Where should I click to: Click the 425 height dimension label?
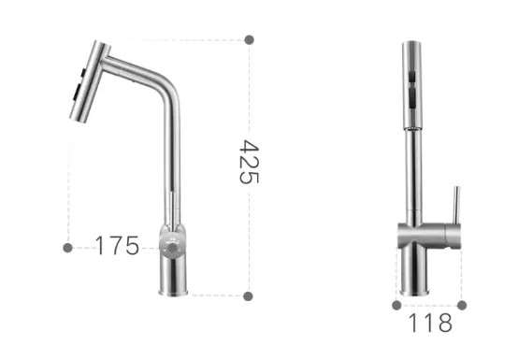[x=250, y=162]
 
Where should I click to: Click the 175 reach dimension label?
[x=117, y=245]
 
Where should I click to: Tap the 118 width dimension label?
[x=430, y=323]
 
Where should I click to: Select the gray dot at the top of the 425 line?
[x=249, y=39]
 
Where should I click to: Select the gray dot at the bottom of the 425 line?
[x=248, y=296]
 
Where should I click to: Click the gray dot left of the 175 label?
[x=68, y=248]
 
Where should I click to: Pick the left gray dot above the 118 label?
[x=396, y=306]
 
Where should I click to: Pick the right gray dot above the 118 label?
[x=462, y=306]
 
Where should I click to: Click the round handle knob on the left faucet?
[x=173, y=248]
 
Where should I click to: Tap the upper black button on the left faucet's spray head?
[x=83, y=72]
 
